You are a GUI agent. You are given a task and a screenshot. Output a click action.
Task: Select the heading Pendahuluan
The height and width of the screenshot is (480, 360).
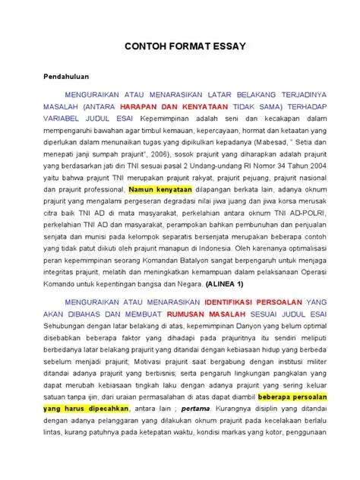(x=65, y=77)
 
